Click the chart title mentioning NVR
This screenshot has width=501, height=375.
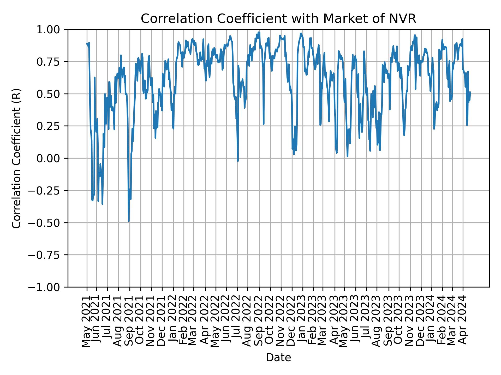[278, 19]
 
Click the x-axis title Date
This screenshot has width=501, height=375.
[278, 358]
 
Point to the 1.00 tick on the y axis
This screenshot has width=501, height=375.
[52, 29]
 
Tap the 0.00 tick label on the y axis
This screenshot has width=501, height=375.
[52, 158]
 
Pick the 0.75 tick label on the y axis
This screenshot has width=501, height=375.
[52, 62]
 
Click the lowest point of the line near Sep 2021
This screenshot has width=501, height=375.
[129, 221]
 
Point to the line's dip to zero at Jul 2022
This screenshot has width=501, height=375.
[238, 161]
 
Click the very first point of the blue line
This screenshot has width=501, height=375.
[87, 43]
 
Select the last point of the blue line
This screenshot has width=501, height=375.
[470, 92]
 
